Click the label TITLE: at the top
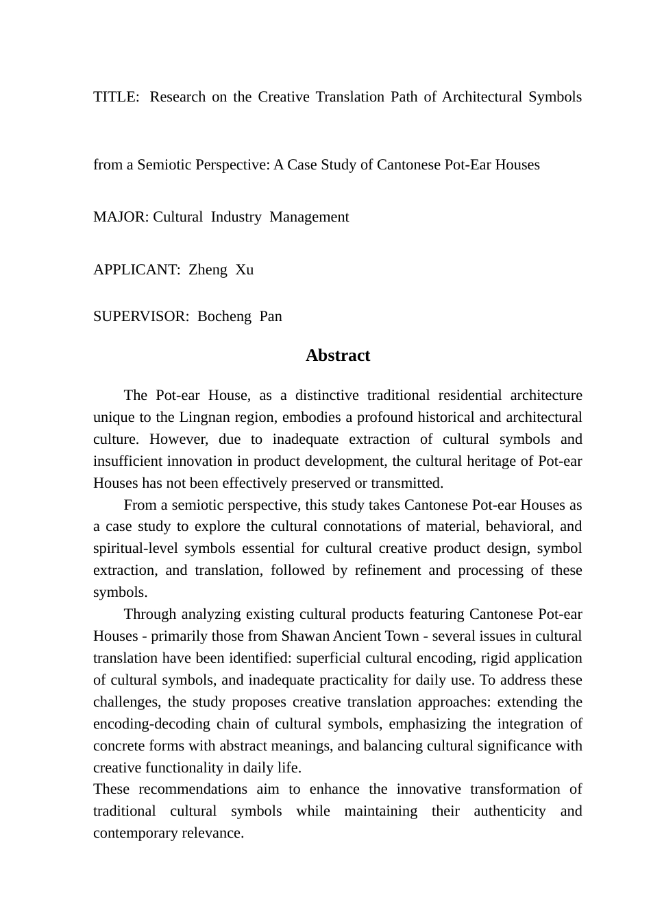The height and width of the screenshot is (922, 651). click(x=115, y=97)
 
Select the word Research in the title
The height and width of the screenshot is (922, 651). click(x=177, y=97)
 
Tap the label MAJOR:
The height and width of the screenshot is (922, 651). click(x=121, y=217)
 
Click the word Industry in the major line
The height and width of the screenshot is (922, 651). click(x=236, y=217)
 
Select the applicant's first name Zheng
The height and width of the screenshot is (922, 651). click(x=208, y=270)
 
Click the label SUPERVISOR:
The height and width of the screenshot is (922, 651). click(x=141, y=316)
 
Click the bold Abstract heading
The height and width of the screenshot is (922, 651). click(x=338, y=355)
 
